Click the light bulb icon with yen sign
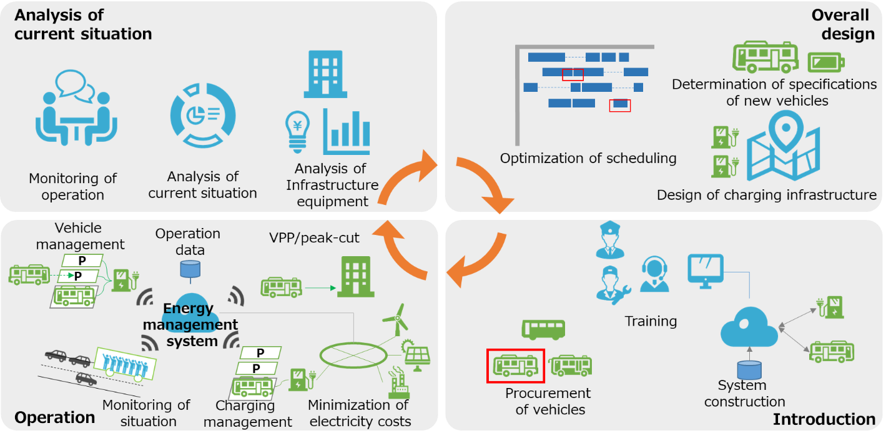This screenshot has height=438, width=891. [x=298, y=132]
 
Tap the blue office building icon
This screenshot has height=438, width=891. [x=325, y=74]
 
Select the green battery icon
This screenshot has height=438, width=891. [x=826, y=62]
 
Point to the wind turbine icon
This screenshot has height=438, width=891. [x=396, y=320]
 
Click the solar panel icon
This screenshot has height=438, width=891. [x=416, y=356]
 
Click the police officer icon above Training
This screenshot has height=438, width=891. [x=610, y=240]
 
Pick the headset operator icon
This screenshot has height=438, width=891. [x=654, y=275]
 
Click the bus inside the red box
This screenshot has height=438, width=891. [x=516, y=366]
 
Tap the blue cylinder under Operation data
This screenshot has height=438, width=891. [x=190, y=269]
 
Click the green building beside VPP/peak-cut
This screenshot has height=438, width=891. [x=356, y=277]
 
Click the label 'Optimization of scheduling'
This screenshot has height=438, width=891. [x=588, y=159]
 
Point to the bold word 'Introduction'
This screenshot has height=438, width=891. [x=824, y=419]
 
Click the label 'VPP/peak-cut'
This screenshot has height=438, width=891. [x=314, y=237]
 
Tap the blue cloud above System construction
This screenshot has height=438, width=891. [x=749, y=327]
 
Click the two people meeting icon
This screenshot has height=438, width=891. [x=76, y=108]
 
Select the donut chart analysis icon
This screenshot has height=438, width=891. [x=203, y=116]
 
